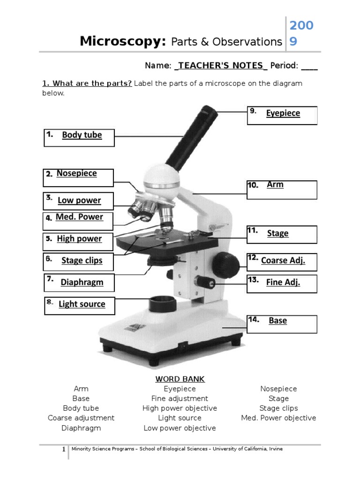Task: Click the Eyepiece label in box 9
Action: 283,113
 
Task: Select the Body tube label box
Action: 79,137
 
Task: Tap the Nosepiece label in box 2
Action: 76,173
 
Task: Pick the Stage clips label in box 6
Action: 82,261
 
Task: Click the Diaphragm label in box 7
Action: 82,282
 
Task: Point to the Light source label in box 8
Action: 82,304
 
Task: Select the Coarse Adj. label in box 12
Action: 283,261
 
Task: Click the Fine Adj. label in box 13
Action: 283,282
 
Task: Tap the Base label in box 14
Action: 277,321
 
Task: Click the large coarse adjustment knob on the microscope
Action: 226,261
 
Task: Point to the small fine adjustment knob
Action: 205,282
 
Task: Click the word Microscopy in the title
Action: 123,41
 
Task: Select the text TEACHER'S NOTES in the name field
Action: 220,66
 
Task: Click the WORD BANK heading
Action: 180,379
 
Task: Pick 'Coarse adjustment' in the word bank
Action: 81,418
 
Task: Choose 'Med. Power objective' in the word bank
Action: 278,418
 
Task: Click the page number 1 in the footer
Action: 64,450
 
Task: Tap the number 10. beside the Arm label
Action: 253,185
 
